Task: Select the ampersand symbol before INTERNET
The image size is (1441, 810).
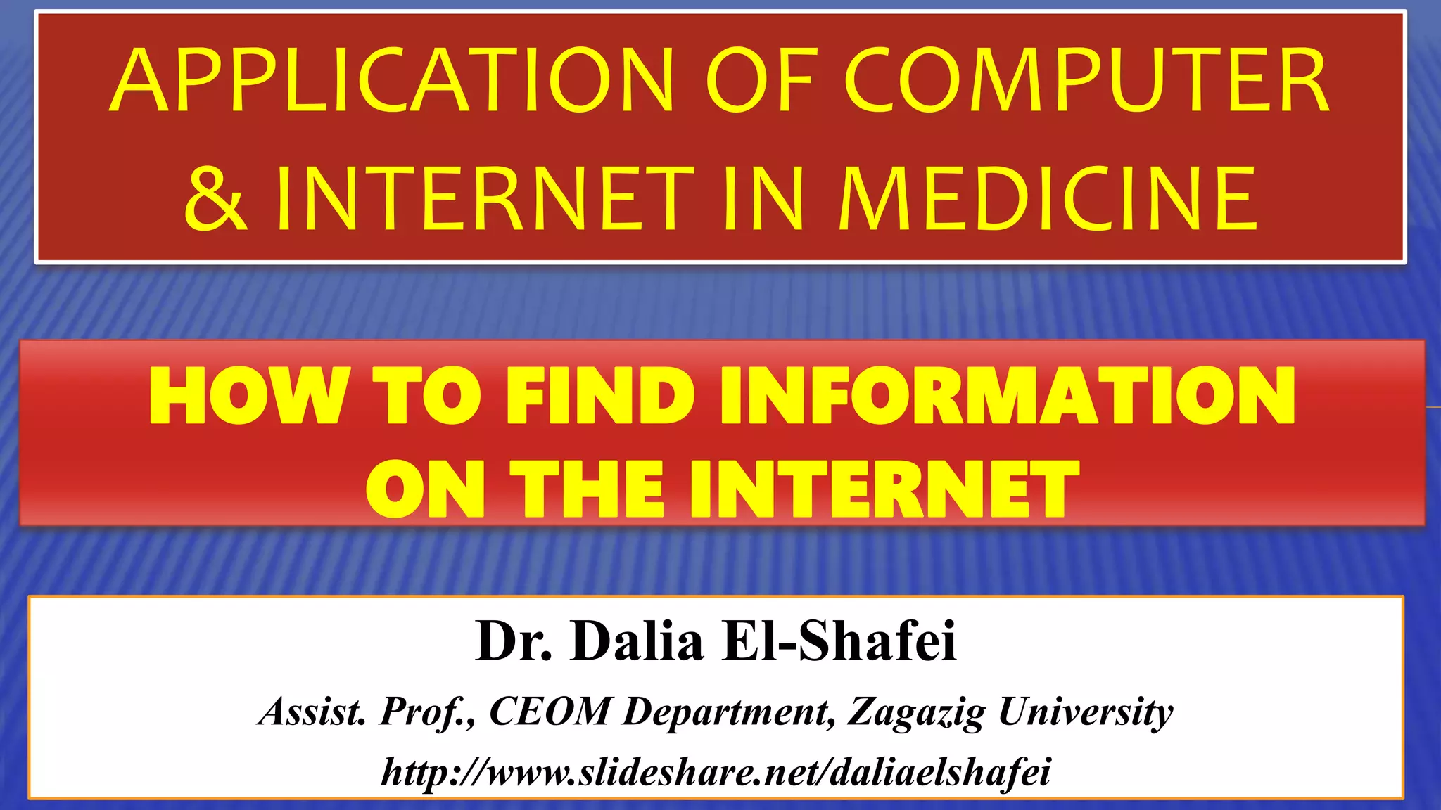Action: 215,199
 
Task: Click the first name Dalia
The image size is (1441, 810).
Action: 637,641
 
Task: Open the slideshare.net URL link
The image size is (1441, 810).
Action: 716,772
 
